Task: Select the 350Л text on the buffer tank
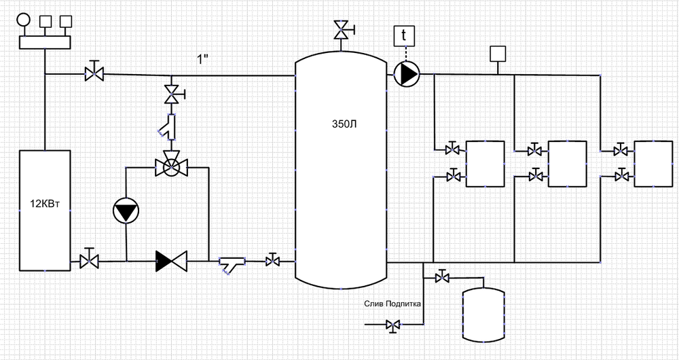tap(340, 124)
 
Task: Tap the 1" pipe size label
tap(202, 60)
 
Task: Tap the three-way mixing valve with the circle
tap(171, 166)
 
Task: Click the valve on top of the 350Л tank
tap(342, 31)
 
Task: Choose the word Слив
tap(374, 304)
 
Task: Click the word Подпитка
tap(404, 304)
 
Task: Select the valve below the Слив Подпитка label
tap(392, 325)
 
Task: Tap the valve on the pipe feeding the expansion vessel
tap(443, 277)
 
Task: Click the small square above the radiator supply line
tap(499, 53)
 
